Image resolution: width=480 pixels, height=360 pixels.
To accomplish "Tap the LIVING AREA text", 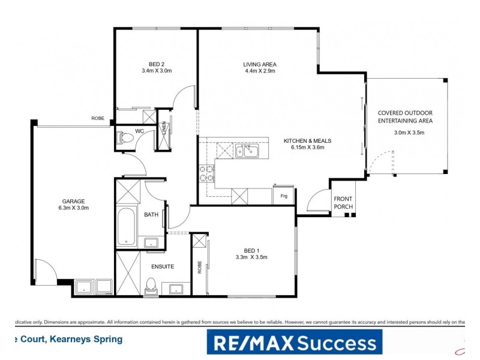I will (259, 64).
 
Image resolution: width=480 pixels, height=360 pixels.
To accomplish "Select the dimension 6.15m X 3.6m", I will (307, 148).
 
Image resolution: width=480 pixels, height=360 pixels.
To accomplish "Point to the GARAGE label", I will (73, 201).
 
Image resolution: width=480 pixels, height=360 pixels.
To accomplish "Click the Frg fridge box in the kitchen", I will (283, 196).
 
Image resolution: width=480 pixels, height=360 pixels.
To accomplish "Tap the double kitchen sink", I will (247, 150).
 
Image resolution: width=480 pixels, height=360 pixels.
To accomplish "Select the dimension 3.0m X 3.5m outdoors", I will (409, 133).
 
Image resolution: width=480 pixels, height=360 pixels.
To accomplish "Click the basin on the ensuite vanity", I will (176, 289).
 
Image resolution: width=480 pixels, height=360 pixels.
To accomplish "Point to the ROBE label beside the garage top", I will (98, 119).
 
